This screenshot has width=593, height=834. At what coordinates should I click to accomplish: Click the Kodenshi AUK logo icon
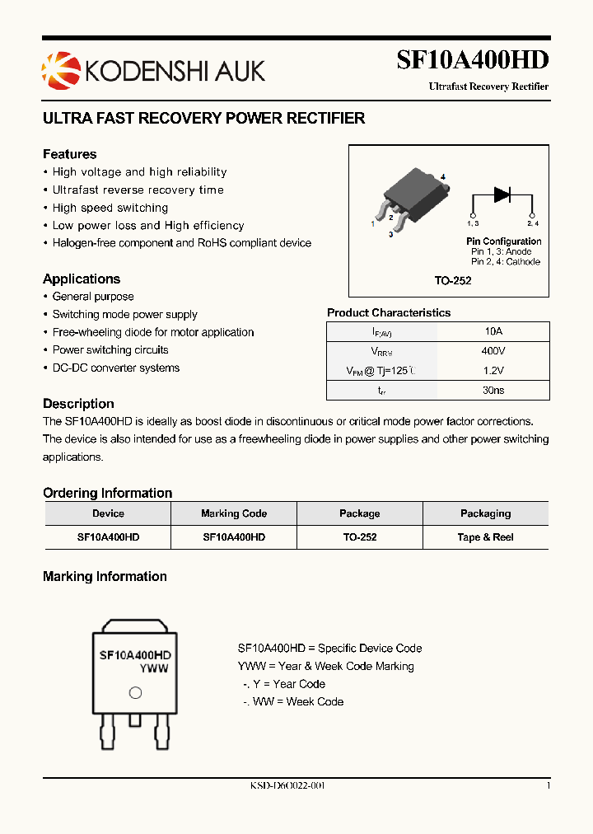57,69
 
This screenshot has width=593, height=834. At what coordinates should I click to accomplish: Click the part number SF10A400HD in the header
472,61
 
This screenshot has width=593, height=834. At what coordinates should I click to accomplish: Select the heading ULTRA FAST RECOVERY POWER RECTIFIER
203,119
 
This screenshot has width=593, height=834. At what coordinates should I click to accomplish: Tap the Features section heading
69,154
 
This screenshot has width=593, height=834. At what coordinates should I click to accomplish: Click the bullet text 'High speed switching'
110,208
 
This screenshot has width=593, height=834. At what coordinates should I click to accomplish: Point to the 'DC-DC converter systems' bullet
115,368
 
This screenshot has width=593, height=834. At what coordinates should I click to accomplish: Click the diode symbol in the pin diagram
502,194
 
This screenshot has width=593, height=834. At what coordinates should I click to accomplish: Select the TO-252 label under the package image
452,281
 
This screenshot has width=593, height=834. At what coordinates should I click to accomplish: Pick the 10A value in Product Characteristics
493,331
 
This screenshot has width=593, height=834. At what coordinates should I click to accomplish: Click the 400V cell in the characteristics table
493,351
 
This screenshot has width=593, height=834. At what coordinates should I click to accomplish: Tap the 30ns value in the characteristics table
493,391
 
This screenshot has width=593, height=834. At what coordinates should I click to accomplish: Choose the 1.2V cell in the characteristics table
493,371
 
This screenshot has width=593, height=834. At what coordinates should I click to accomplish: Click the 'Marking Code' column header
234,513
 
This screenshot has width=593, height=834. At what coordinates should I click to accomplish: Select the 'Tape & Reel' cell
485,536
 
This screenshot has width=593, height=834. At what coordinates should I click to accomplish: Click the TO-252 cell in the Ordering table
359,536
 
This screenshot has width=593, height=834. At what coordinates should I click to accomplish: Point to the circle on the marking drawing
135,693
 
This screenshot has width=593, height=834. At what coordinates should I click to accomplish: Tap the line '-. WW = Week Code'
293,701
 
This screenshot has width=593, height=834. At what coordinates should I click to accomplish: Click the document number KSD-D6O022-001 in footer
287,786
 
